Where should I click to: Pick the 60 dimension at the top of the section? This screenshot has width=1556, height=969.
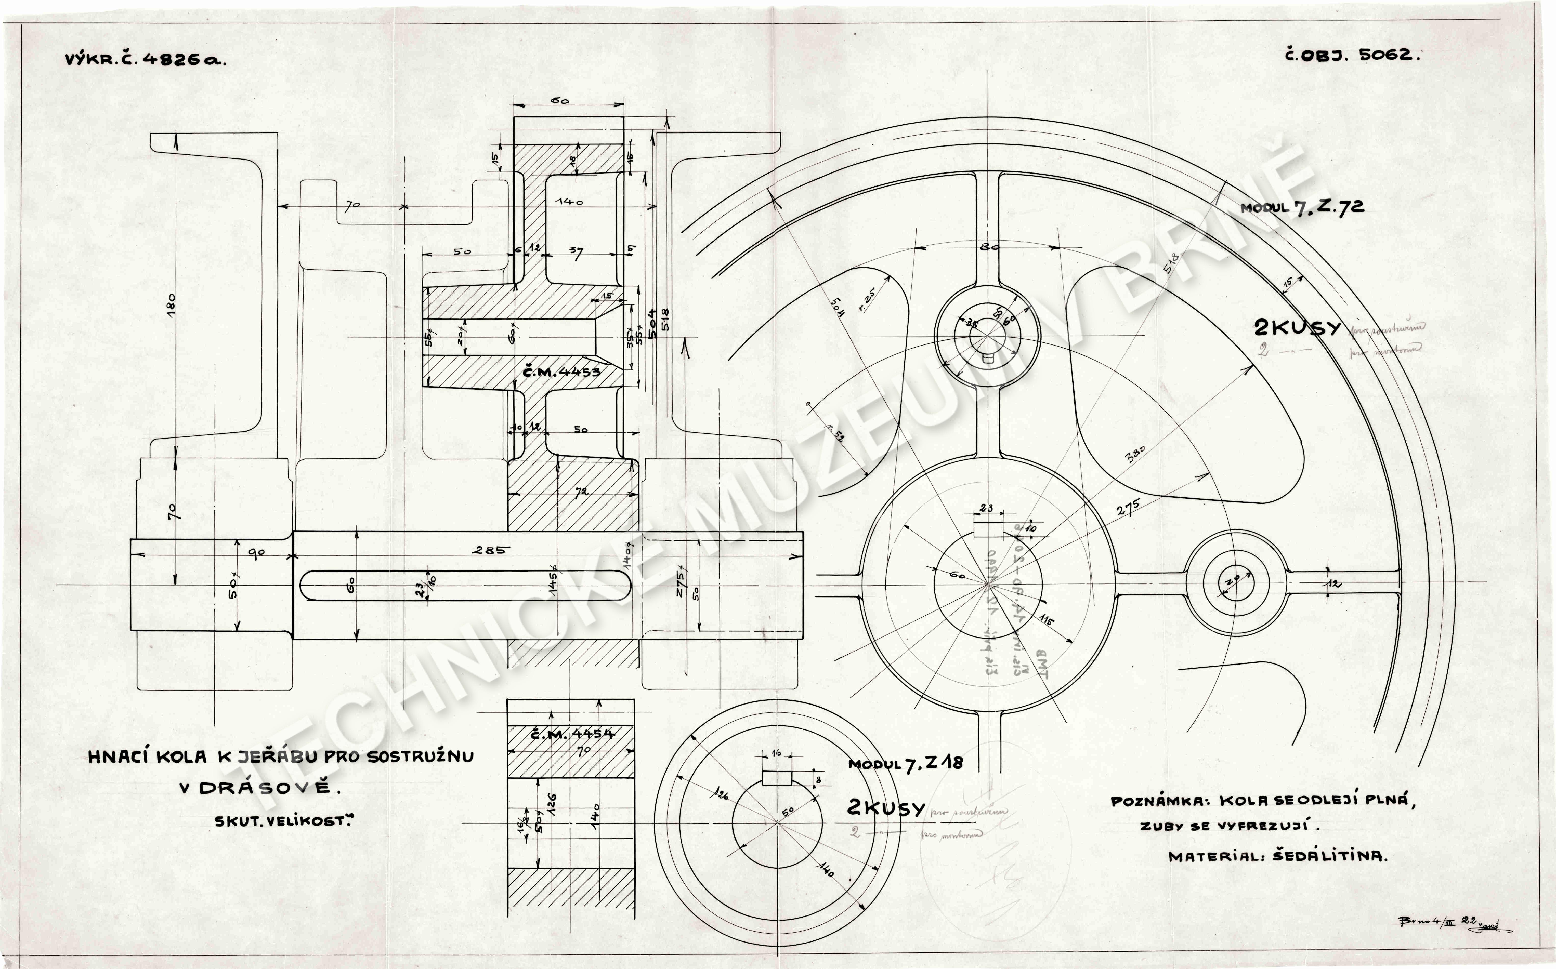[x=560, y=101]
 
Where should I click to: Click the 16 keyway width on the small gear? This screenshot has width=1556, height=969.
[x=776, y=754]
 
